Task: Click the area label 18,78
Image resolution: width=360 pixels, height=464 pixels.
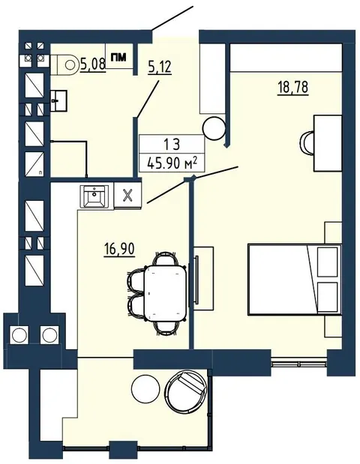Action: [292, 88]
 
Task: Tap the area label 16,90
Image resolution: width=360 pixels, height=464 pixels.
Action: [119, 249]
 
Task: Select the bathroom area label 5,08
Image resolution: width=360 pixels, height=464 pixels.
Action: [93, 64]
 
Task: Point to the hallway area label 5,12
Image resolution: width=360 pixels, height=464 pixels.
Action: [160, 67]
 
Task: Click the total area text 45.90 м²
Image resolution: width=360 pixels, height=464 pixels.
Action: [172, 163]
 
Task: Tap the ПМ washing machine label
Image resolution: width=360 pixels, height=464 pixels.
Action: [118, 57]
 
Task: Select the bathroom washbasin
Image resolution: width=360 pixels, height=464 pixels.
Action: [58, 101]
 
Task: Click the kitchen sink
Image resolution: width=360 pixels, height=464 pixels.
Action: [94, 196]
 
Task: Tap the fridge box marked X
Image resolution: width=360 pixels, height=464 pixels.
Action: [127, 196]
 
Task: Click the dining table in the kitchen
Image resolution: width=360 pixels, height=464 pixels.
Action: [165, 293]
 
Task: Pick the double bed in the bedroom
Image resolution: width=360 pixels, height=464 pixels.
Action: [294, 280]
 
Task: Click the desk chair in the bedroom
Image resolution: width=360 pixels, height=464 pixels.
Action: [307, 142]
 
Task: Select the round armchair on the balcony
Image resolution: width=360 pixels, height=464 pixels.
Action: [186, 388]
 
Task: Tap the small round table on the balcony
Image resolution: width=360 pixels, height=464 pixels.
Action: [145, 388]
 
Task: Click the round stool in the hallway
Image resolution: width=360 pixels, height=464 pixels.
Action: [214, 128]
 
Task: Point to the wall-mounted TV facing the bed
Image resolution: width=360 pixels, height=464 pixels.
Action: [196, 280]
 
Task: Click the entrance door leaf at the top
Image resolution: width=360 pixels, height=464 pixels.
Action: [172, 18]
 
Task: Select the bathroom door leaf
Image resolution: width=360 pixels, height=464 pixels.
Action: [147, 98]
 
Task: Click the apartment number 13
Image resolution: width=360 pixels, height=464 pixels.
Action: [172, 144]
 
